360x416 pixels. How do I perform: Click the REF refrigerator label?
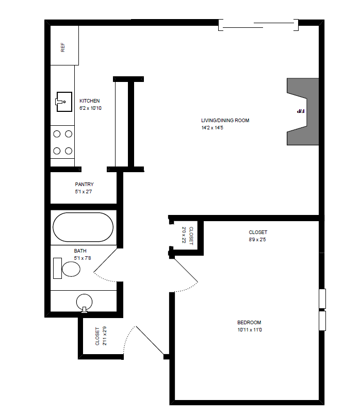pos(63,48)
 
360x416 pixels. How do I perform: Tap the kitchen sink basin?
pos(63,101)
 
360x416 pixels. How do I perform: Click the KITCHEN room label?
pos(89,101)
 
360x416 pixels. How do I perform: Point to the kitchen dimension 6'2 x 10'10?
pos(90,108)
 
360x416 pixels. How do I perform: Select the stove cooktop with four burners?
pos(62,142)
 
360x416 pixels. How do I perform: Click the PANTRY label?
pos(84,184)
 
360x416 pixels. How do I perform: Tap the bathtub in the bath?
pos(83,227)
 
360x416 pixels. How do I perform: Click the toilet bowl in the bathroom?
pos(71,269)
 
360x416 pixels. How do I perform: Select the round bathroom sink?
pos(84,302)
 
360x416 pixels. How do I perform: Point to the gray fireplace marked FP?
pos(301,111)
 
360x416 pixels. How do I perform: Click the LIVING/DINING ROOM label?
pos(225,121)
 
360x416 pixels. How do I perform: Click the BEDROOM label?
pos(249,323)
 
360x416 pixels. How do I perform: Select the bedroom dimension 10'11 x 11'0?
pos(250,330)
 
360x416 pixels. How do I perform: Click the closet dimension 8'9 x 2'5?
pos(258,240)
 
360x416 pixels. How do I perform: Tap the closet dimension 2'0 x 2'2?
pos(184,236)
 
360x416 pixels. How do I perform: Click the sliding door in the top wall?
pos(258,24)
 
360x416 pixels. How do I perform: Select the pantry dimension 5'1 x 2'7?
pos(83,192)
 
